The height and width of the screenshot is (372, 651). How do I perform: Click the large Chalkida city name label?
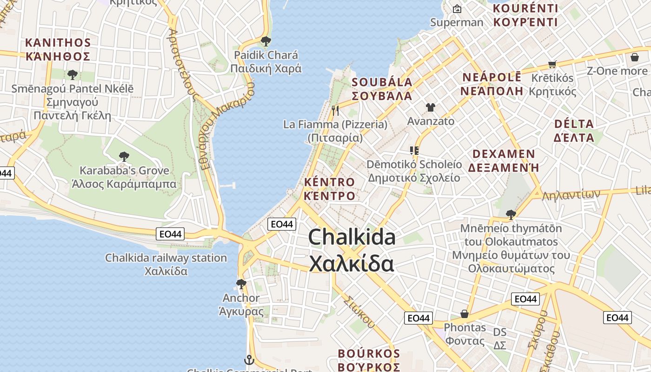(352, 250)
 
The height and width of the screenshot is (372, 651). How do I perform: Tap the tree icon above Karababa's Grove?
(124, 156)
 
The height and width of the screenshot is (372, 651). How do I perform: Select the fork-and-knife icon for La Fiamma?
(335, 110)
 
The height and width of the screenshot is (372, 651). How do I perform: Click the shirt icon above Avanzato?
(430, 107)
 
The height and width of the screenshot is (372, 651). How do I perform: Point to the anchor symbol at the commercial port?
(249, 360)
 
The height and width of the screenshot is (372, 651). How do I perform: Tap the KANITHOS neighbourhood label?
(58, 49)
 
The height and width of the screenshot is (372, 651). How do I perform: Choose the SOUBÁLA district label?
(382, 89)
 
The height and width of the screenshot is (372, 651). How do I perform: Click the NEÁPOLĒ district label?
(492, 84)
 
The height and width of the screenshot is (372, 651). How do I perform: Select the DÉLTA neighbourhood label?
(574, 130)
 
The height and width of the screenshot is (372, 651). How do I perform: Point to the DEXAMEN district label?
(504, 160)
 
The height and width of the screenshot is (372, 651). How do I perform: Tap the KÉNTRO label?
(329, 188)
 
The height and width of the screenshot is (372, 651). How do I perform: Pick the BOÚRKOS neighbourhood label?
(369, 360)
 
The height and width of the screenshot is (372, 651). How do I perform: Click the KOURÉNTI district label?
(525, 15)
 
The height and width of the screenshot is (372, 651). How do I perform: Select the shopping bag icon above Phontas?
(464, 314)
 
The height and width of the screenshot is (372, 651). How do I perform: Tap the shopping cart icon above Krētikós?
(552, 64)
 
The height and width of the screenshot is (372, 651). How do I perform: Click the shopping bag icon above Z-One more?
(634, 57)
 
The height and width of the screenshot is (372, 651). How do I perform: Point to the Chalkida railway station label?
(166, 264)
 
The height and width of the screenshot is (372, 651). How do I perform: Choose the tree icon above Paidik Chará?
(266, 41)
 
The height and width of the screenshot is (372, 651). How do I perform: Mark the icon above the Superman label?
(457, 9)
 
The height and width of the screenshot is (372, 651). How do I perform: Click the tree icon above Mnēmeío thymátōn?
(511, 214)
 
